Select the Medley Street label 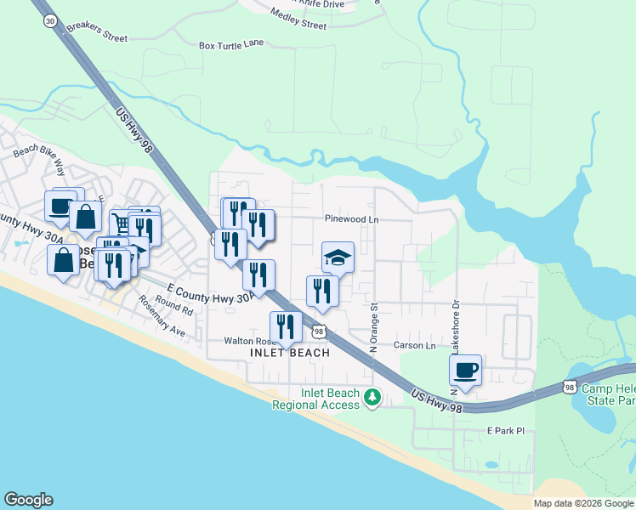298,19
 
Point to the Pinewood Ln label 350,219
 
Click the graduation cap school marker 338,258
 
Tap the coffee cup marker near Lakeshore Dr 465,371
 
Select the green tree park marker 372,397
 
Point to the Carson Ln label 414,346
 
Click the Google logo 28,500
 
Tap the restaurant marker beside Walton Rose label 286,328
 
